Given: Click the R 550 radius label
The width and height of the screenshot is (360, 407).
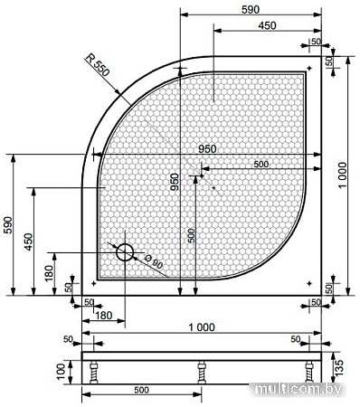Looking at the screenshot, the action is coord(97,65).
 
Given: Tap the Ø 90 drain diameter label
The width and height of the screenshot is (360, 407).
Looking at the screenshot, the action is coord(154,262).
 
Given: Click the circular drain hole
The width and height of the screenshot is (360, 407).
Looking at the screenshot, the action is coord(125,252).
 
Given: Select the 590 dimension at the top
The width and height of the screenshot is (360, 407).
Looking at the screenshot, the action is coord(251,10).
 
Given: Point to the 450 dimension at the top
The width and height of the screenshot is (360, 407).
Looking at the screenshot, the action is coord(267,25).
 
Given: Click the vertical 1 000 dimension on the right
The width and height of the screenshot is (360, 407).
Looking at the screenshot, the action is coord(343,175).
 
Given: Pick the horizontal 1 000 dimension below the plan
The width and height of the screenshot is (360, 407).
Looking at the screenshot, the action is coord(202,327).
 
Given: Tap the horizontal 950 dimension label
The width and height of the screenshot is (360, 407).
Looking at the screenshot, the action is coord(207,149).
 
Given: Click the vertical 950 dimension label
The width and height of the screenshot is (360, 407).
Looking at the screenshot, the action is coord(175,182).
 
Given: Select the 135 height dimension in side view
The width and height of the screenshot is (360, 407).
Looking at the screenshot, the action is coord(338,367).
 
